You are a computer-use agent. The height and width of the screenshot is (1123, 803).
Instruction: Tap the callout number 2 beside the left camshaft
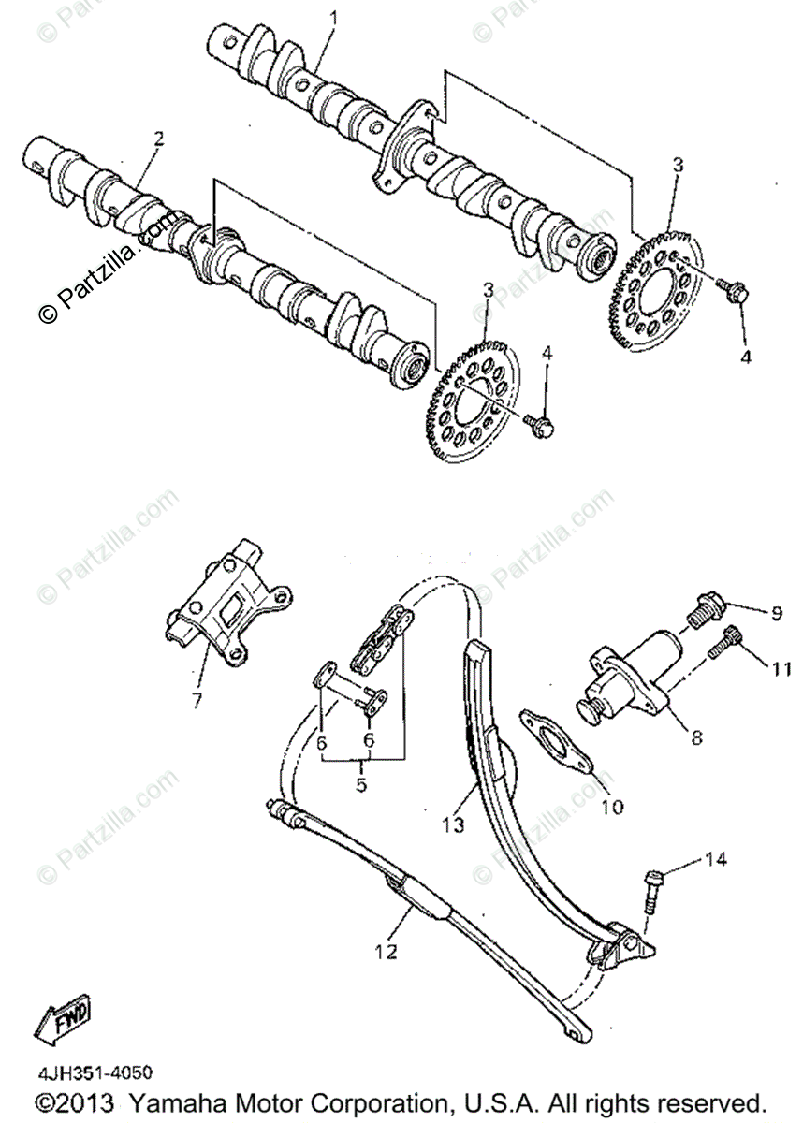tap(159, 138)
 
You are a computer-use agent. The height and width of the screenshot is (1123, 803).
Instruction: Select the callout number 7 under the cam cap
tap(197, 699)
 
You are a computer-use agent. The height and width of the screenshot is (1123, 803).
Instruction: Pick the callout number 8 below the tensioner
tap(695, 737)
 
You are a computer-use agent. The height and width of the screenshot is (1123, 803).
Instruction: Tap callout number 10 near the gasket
tap(612, 805)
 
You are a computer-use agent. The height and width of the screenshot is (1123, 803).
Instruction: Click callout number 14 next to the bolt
tap(715, 859)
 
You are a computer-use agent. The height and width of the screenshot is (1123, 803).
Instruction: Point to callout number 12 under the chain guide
tap(386, 952)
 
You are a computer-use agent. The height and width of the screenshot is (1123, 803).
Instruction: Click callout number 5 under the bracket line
tap(360, 785)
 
